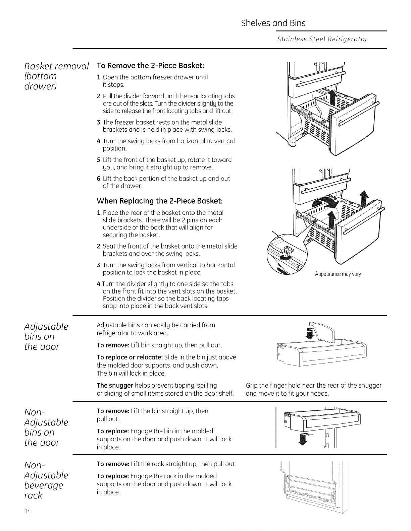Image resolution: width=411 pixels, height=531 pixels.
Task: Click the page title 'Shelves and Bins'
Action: point(273,23)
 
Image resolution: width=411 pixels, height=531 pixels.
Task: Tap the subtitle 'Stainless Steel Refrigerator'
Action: point(322,39)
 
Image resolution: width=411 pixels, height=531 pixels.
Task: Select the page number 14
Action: point(28,511)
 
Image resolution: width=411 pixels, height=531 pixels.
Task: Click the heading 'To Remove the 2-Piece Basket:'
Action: point(150,66)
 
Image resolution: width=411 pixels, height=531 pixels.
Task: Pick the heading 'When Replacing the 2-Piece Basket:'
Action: point(160,201)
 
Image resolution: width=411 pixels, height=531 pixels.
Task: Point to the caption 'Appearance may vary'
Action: point(338,274)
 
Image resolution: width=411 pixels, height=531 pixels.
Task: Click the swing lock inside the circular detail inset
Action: point(288,250)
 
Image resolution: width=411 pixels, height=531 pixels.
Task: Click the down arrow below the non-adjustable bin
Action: point(303,439)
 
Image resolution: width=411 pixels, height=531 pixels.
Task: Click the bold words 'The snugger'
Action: point(115,385)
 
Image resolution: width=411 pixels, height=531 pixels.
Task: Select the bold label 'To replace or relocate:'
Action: point(130,357)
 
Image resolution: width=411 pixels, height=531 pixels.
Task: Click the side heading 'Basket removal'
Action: point(56,66)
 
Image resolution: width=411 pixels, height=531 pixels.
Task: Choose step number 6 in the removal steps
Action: point(99,179)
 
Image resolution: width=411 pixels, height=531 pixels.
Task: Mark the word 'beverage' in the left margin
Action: point(44,485)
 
